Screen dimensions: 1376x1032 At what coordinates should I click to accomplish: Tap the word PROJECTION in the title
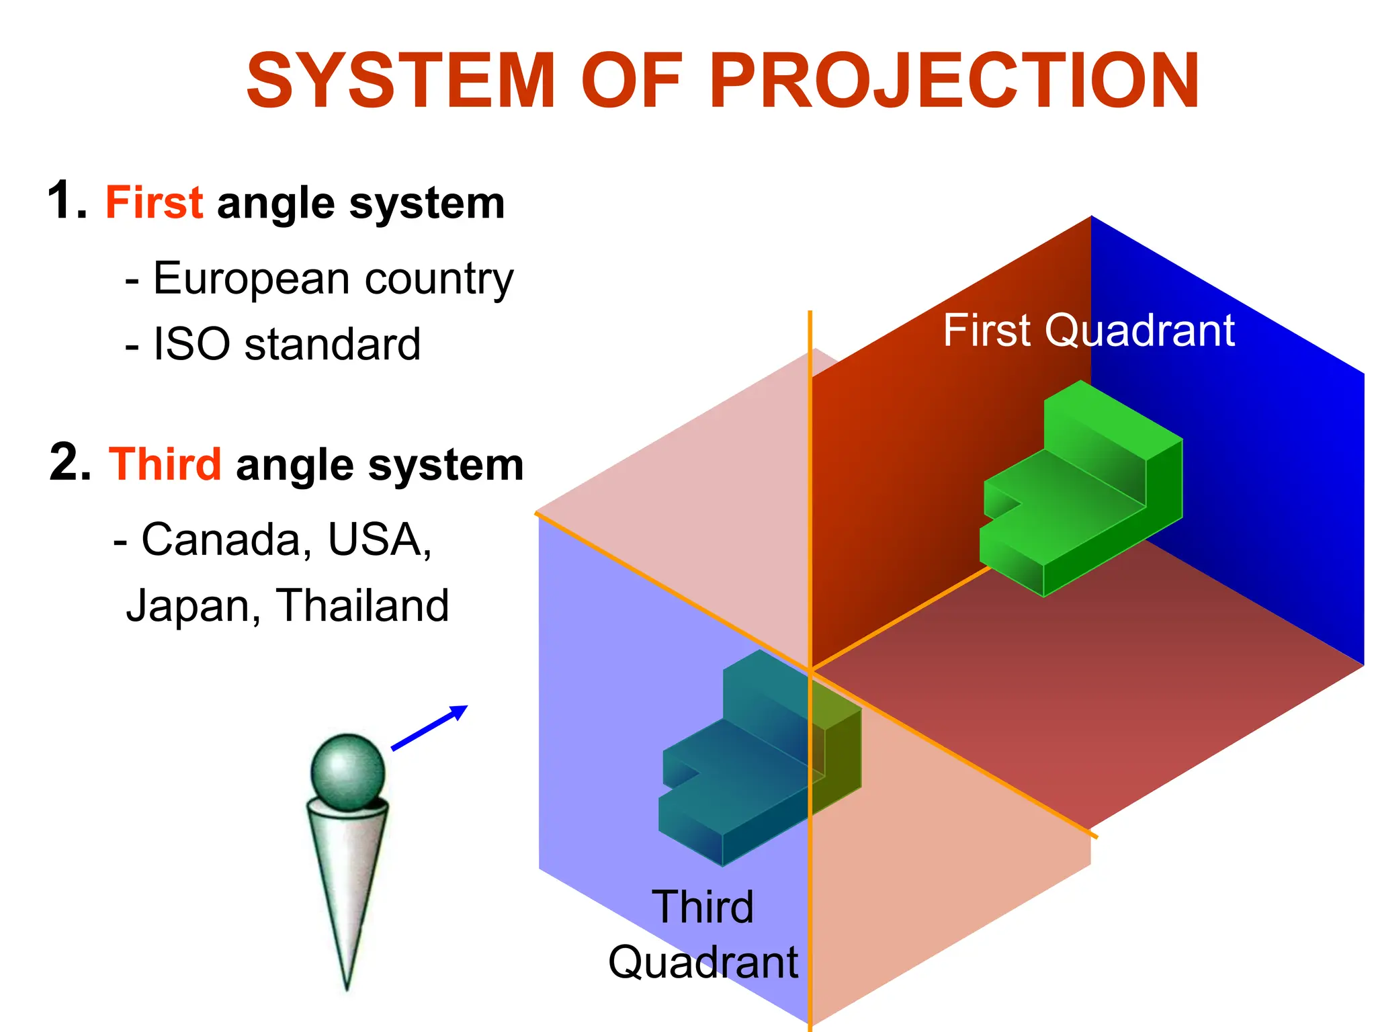(x=954, y=81)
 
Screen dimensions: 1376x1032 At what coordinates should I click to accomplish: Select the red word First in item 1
(x=154, y=202)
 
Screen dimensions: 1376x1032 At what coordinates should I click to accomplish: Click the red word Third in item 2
(x=165, y=464)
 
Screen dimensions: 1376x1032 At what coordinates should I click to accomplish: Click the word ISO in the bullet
(x=191, y=345)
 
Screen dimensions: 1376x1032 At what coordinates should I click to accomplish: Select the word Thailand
(x=362, y=606)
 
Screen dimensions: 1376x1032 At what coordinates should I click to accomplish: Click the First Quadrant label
(x=1088, y=331)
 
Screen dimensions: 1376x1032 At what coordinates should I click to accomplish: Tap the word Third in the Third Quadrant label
(x=703, y=908)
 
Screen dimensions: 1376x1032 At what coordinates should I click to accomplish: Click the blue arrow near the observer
(x=430, y=728)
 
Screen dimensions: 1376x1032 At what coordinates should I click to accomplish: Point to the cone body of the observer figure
(x=347, y=887)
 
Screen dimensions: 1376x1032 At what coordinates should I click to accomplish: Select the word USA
(x=380, y=540)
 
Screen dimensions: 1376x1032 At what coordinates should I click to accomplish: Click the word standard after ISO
(x=332, y=345)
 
